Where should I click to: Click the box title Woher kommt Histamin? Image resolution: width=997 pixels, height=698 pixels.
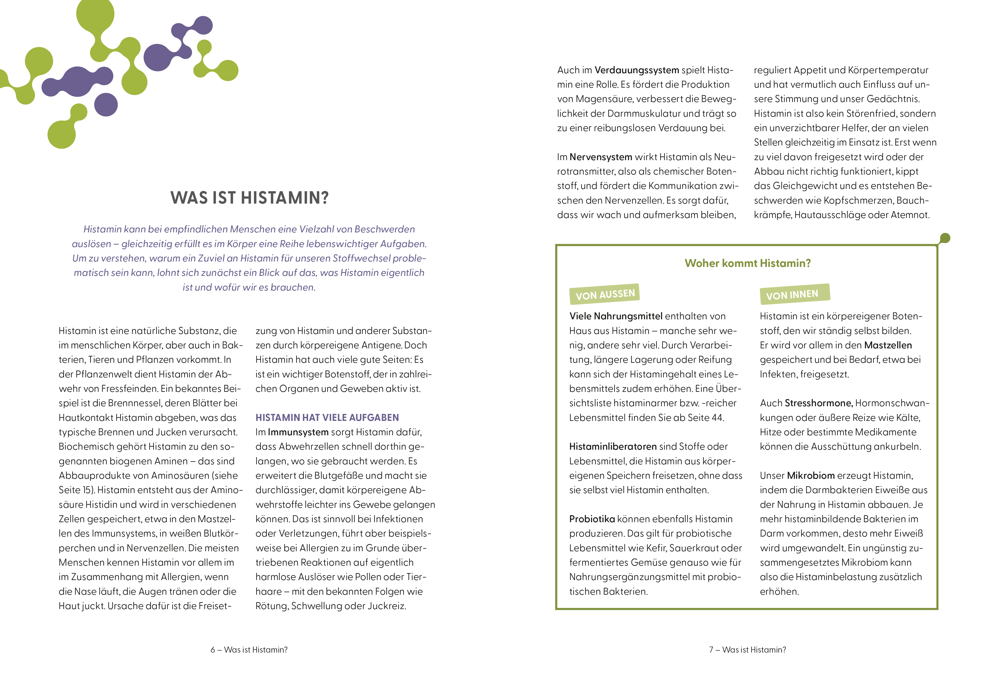[747, 263]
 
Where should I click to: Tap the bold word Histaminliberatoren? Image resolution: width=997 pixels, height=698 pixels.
[613, 446]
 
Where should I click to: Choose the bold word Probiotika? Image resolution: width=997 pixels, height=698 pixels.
[592, 519]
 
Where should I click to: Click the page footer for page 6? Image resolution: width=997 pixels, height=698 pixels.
[249, 650]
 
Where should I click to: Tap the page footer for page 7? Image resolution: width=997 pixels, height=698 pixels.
[747, 650]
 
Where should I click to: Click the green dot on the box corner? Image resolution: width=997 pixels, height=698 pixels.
[944, 238]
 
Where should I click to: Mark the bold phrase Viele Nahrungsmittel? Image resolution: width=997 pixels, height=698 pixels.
[616, 316]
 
